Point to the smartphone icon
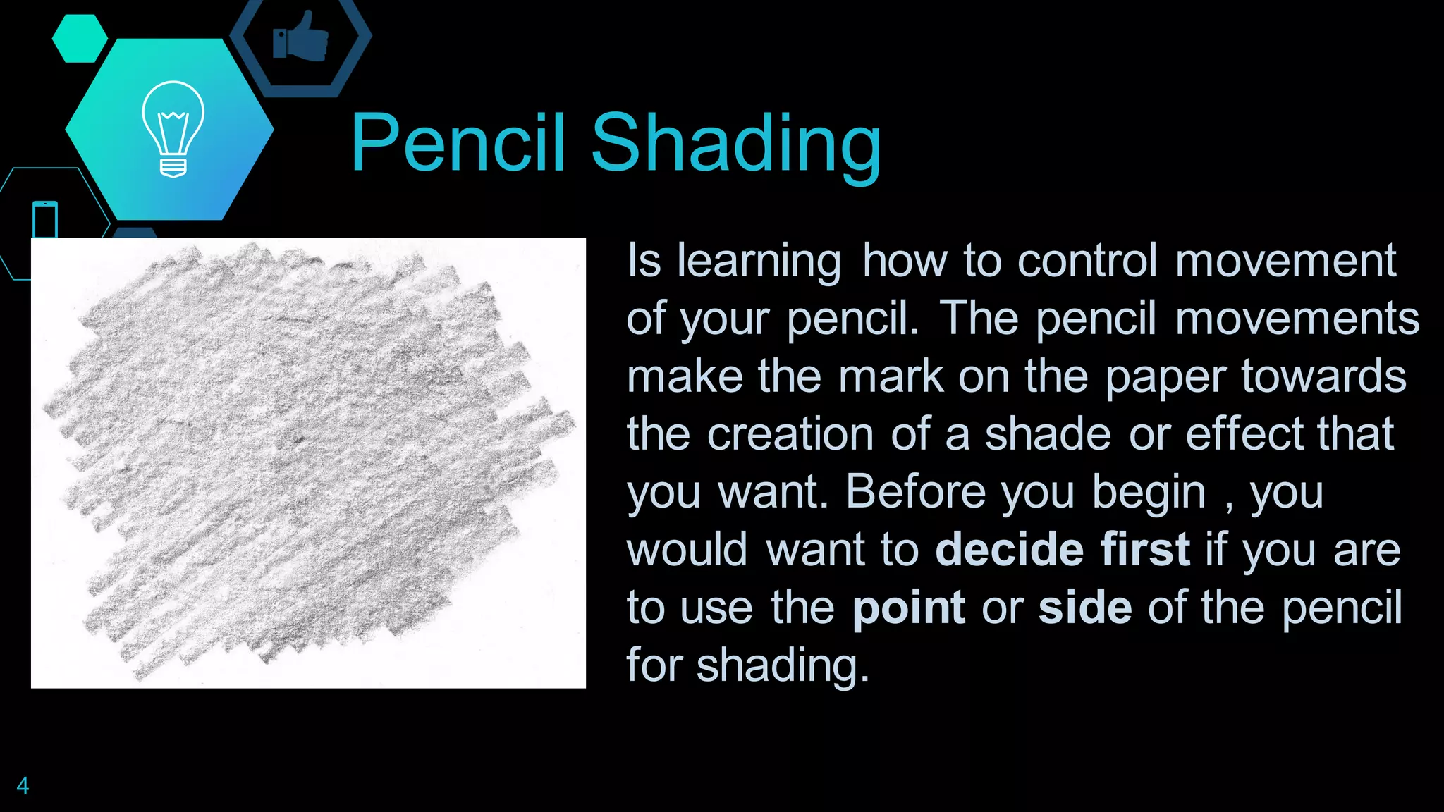(45, 220)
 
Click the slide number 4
(23, 785)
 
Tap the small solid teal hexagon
(80, 38)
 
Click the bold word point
(908, 608)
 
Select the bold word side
(1084, 608)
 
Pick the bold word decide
(1009, 550)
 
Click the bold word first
(1145, 550)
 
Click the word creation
(790, 434)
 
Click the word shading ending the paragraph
(782, 666)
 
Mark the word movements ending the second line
(1297, 319)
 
